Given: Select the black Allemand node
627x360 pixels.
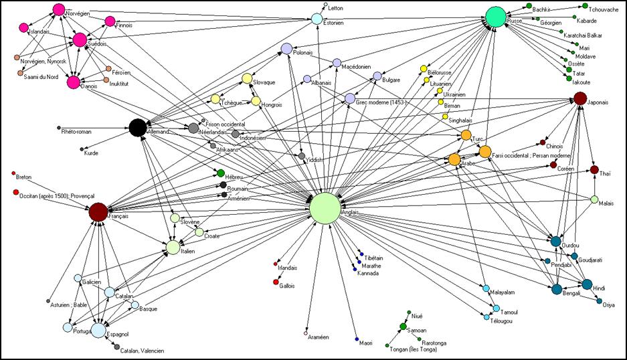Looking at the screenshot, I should click(x=138, y=127).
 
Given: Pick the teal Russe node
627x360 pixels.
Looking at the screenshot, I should click(x=495, y=17).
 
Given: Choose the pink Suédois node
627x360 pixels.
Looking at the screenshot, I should click(x=80, y=40).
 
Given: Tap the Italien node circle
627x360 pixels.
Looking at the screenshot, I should click(x=173, y=248).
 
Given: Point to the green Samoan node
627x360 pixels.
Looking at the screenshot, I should click(x=403, y=326).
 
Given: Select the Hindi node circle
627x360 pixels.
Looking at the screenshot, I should click(x=587, y=284).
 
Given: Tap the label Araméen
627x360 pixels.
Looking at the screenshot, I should click(x=319, y=337).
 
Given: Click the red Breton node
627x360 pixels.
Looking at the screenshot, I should click(x=15, y=175).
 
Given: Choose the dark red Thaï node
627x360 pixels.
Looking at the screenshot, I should click(x=594, y=169).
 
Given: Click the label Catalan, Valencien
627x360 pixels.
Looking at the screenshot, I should click(x=142, y=350).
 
